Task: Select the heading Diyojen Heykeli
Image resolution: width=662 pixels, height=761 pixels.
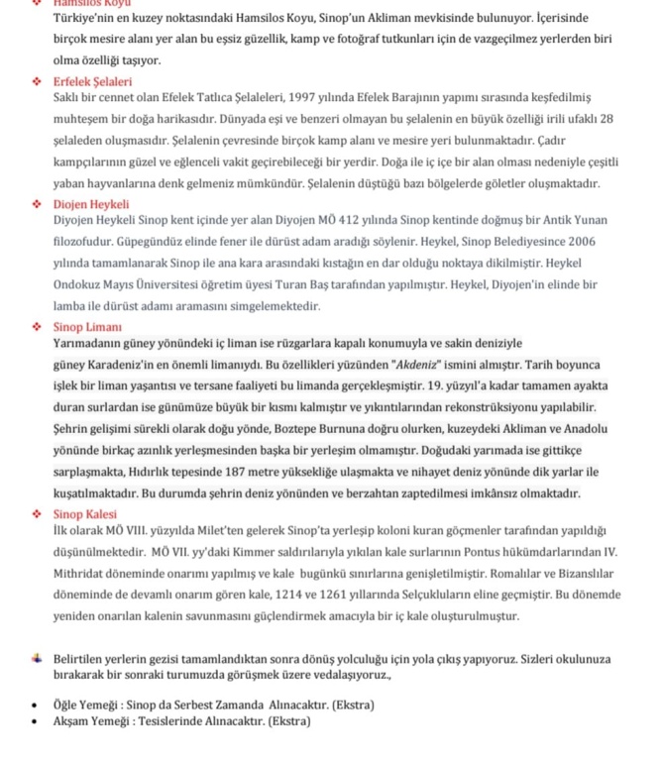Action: [x=91, y=202]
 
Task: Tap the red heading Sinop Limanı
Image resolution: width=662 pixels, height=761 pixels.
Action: [x=87, y=326]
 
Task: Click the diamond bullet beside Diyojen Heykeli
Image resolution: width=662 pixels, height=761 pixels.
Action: [x=37, y=203]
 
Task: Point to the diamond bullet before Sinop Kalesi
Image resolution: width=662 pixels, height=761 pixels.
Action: [x=37, y=514]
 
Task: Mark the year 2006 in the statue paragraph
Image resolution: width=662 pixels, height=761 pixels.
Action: [x=579, y=242]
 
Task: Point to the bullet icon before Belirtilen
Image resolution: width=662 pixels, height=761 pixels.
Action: [x=37, y=659]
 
